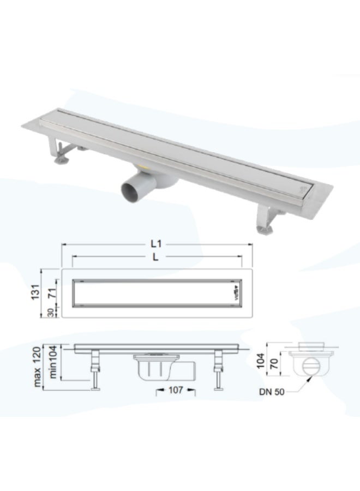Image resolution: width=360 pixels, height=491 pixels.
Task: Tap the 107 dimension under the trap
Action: tap(176, 391)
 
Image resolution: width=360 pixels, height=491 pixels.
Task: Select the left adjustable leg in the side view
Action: tap(96, 371)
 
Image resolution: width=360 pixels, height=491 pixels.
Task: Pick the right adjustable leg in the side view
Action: tap(219, 371)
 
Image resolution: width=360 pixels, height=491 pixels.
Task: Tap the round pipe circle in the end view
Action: tap(309, 368)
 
